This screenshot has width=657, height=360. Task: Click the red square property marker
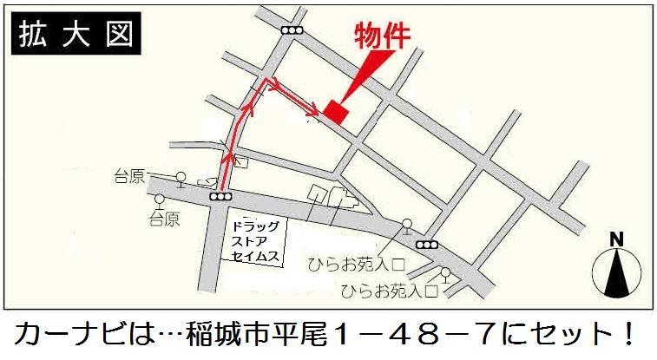(x=335, y=110)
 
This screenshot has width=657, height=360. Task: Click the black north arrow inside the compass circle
(x=615, y=273)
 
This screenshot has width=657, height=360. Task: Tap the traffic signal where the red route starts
(x=220, y=198)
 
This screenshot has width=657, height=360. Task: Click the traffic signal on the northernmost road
(x=292, y=30)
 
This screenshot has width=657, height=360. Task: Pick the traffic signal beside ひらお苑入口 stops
(x=427, y=243)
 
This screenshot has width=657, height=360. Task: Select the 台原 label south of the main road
(x=162, y=219)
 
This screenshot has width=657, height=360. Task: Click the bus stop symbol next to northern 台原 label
(x=180, y=179)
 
